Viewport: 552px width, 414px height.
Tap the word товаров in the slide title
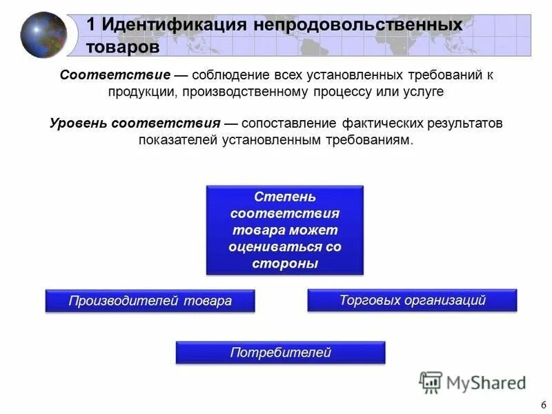pyautogui.click(x=123, y=47)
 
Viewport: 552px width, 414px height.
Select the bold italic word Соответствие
pyautogui.click(x=115, y=75)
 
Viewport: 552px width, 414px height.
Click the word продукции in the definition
pyautogui.click(x=143, y=91)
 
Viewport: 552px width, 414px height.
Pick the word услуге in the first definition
pyautogui.click(x=418, y=91)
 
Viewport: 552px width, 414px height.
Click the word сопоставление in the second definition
pyautogui.click(x=290, y=124)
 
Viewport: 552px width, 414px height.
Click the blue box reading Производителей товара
pyautogui.click(x=150, y=301)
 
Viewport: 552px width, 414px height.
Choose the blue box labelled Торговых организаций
pyautogui.click(x=412, y=300)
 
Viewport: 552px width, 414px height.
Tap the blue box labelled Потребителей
pyautogui.click(x=280, y=353)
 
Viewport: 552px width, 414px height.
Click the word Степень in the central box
pyautogui.click(x=284, y=197)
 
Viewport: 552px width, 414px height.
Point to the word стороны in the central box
pyautogui.click(x=284, y=264)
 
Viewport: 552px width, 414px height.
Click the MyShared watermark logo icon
pyautogui.click(x=431, y=382)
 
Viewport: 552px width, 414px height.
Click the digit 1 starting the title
pyautogui.click(x=90, y=24)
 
